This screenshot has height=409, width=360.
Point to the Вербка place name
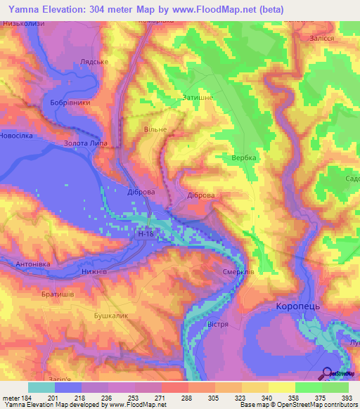[244, 158]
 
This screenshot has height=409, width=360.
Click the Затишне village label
[198, 98]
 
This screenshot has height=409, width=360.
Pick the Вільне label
[155, 129]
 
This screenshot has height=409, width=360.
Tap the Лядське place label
[94, 62]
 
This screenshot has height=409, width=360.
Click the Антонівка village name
[32, 264]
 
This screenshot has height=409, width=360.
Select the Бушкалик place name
[111, 316]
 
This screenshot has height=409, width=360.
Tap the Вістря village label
[221, 325]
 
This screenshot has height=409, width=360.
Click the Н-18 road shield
[146, 234]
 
